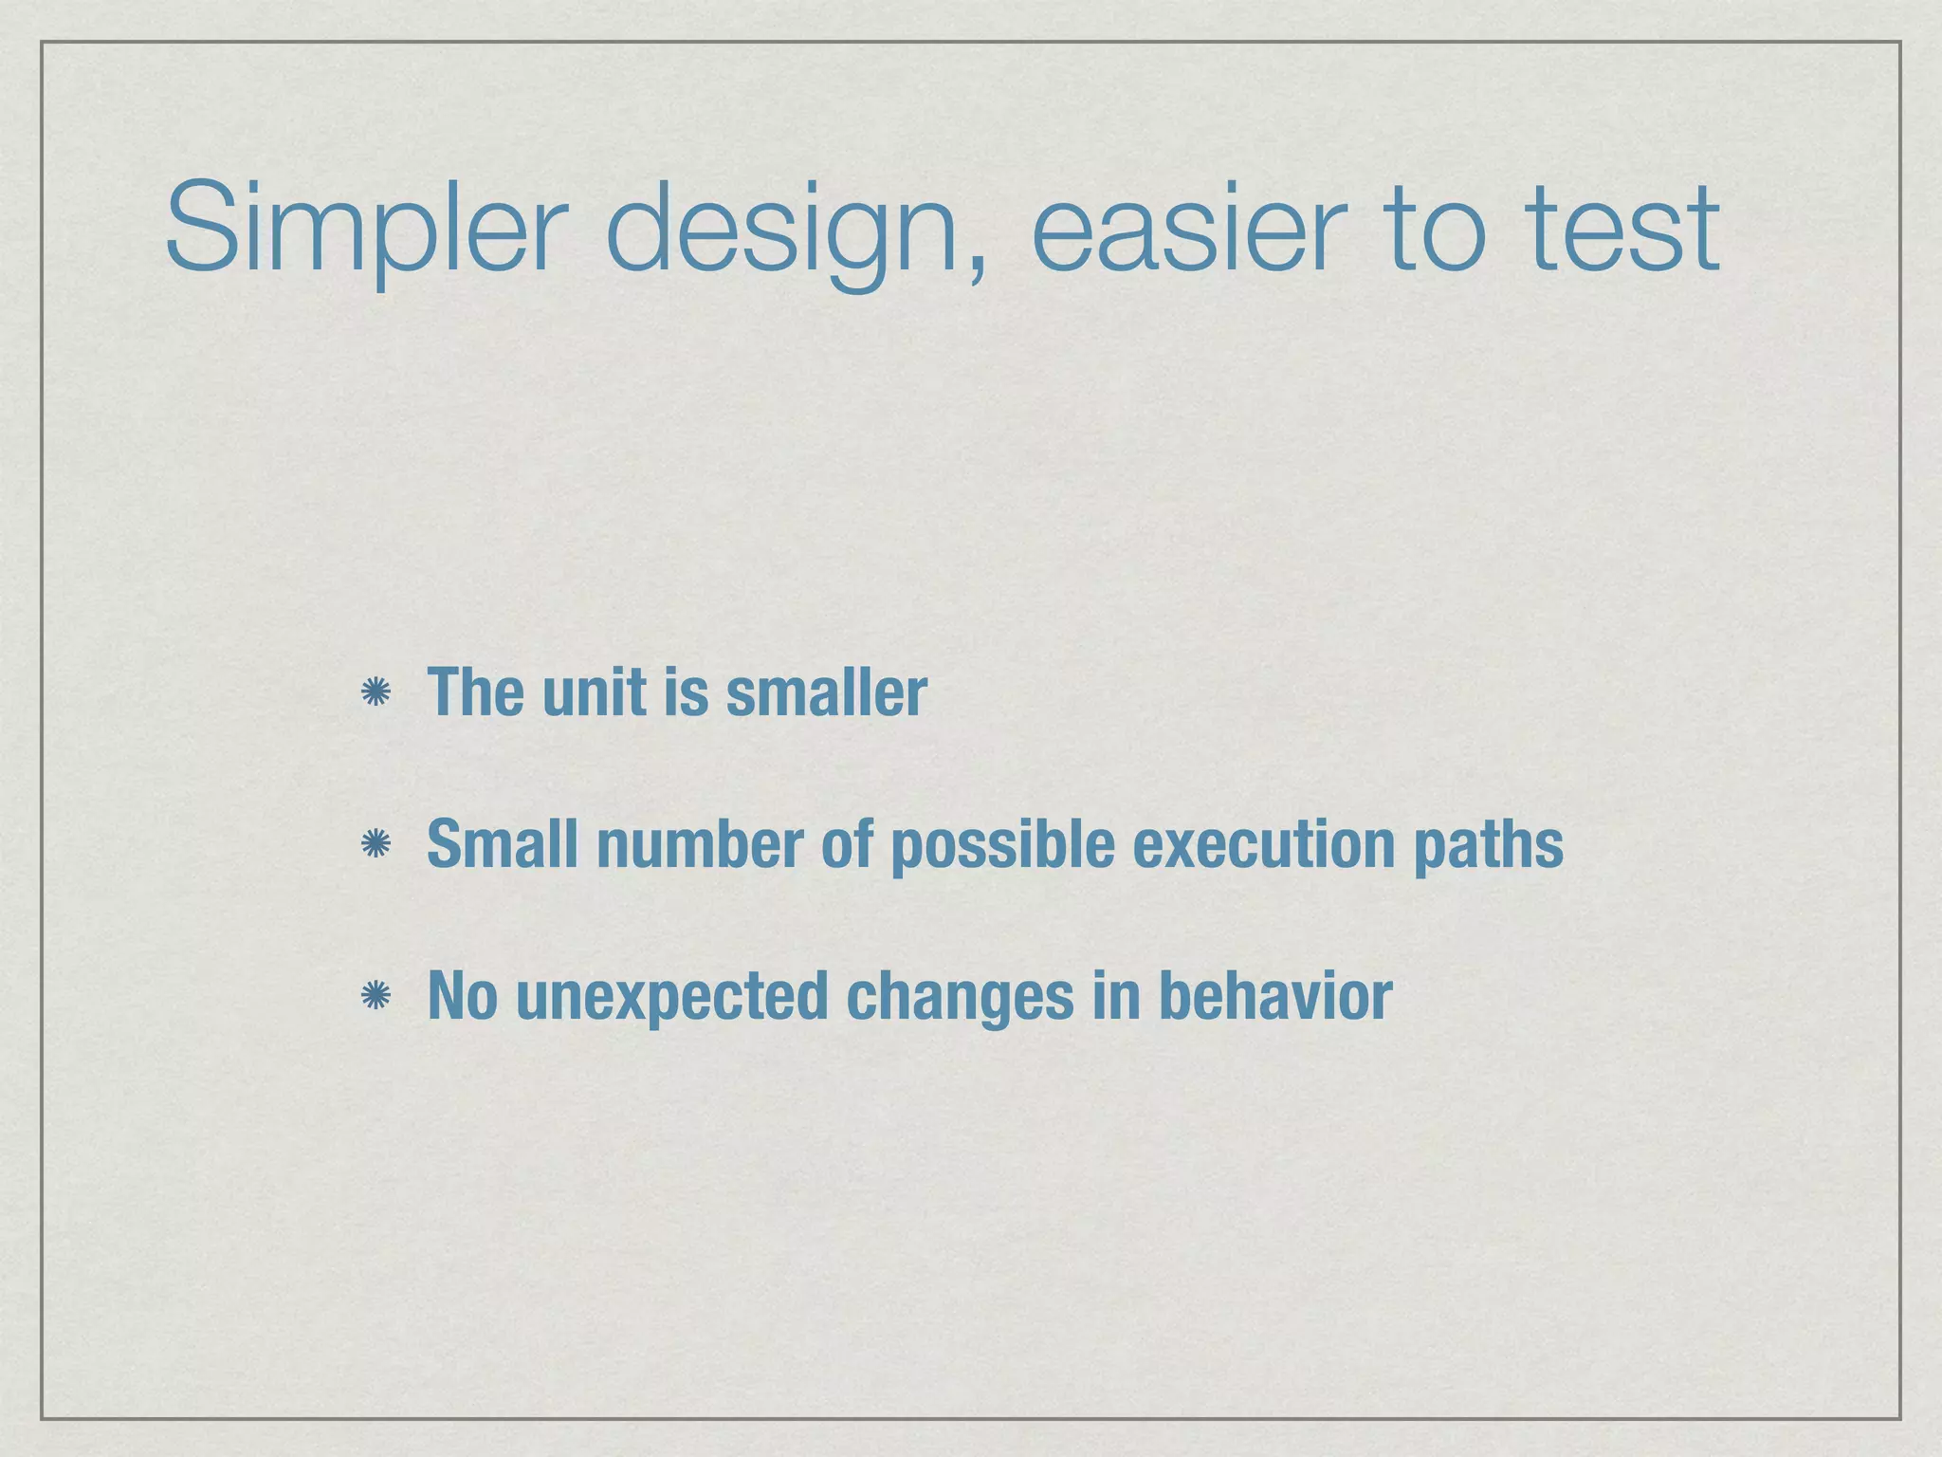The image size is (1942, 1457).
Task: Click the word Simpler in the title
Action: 365,231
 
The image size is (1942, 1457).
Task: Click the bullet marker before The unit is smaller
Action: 376,692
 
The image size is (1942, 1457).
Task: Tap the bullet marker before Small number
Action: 376,844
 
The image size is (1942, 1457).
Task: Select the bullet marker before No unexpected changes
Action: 376,996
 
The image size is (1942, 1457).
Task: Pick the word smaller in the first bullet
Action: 826,692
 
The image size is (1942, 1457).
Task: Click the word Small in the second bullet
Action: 503,844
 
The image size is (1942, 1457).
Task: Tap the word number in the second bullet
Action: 700,844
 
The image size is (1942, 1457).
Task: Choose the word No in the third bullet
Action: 463,996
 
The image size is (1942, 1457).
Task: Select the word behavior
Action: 1274,996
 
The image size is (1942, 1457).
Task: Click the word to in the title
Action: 1435,231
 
